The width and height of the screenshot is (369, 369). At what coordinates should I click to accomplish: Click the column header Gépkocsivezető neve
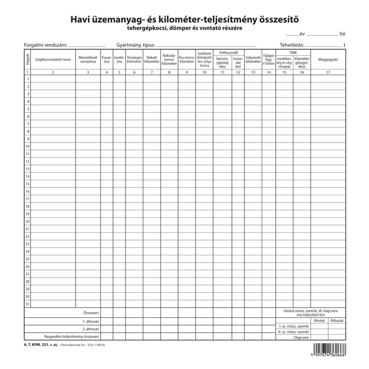click(x=53, y=60)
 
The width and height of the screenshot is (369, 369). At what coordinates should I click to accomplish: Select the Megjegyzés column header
click(x=328, y=60)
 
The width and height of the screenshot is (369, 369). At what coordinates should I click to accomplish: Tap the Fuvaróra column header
click(x=107, y=60)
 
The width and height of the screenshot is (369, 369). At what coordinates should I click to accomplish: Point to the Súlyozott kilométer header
click(x=253, y=60)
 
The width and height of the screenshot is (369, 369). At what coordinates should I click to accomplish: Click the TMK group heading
click(x=293, y=52)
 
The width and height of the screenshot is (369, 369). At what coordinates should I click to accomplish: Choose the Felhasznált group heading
click(x=228, y=52)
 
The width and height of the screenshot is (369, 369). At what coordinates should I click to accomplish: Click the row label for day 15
click(x=27, y=184)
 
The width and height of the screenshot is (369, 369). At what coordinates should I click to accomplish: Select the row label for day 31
click(x=27, y=304)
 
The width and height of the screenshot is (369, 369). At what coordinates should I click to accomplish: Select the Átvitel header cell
click(x=319, y=320)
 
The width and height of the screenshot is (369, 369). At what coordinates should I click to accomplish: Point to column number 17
click(x=328, y=72)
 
